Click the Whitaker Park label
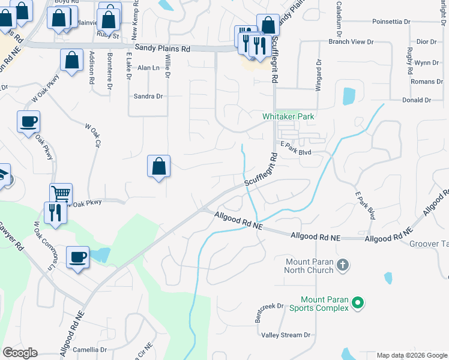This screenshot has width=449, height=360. pyautogui.click(x=289, y=116)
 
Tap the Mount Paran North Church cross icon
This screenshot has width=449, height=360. pyautogui.click(x=342, y=265)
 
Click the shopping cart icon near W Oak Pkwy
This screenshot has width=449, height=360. pyautogui.click(x=61, y=194)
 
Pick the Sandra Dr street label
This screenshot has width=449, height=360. pyautogui.click(x=148, y=96)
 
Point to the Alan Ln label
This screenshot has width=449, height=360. pyautogui.click(x=148, y=68)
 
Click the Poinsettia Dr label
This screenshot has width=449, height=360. pyautogui.click(x=391, y=22)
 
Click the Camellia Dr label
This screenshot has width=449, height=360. pyautogui.click(x=89, y=349)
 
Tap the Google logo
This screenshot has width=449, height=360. pyautogui.click(x=20, y=353)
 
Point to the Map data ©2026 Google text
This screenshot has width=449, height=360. pyautogui.click(x=411, y=355)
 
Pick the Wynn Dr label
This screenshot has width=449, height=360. pyautogui.click(x=427, y=62)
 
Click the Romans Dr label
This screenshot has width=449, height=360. pyautogui.click(x=426, y=81)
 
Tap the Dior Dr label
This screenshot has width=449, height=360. pyautogui.click(x=426, y=42)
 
